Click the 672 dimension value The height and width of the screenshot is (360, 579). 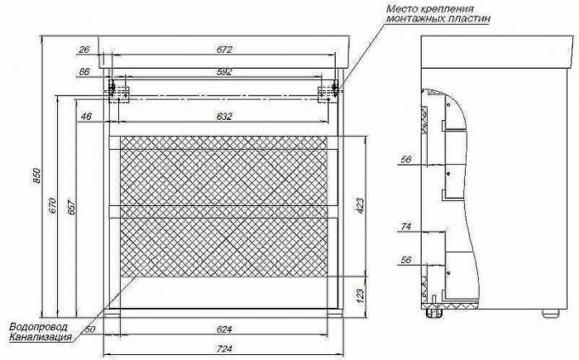click(x=224, y=50)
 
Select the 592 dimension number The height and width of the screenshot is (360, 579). click(x=224, y=72)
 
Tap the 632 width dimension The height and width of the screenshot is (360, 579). click(x=224, y=117)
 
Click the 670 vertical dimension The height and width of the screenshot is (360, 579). click(x=53, y=206)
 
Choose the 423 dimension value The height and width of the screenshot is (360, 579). click(x=360, y=205)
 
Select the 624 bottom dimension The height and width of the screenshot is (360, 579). click(x=224, y=329)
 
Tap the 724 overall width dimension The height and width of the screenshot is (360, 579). click(x=224, y=349)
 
